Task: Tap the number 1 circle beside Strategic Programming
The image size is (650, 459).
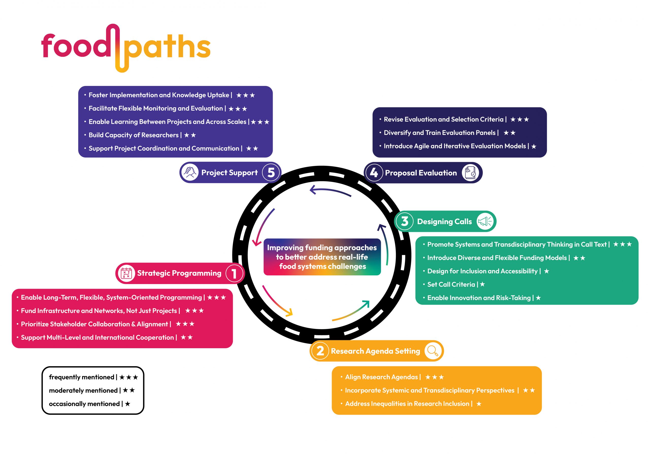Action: [x=234, y=273]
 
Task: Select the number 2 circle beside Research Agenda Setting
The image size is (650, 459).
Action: [x=320, y=351]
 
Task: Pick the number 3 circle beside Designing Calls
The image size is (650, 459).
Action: [x=404, y=221]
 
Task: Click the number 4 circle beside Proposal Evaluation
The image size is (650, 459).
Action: [x=374, y=172]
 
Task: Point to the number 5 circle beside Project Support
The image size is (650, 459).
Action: [x=271, y=172]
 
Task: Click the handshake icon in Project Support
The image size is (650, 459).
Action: [x=190, y=172]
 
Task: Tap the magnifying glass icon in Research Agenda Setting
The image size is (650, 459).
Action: [x=433, y=351]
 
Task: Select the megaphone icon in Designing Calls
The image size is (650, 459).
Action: [x=485, y=221]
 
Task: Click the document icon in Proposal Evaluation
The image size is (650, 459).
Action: [x=470, y=172]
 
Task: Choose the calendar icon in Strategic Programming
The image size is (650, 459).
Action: [x=126, y=273]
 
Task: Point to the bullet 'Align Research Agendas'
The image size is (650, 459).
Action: [x=381, y=377]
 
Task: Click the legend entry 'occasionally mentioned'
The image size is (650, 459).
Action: [x=84, y=404]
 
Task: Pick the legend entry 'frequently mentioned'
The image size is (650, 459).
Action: [x=82, y=377]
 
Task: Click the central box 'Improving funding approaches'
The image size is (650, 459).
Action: [x=322, y=257]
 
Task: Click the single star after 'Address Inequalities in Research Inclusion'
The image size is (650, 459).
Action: [x=479, y=404]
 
